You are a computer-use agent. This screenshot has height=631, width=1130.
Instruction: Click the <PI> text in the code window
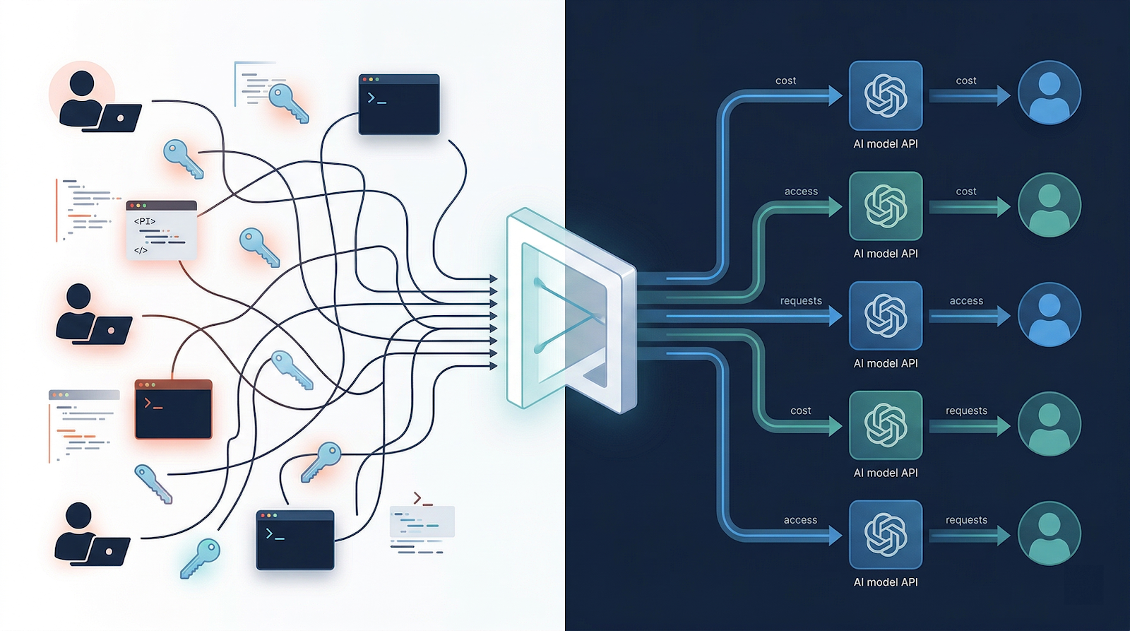145,221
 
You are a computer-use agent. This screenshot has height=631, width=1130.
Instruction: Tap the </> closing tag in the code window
141,250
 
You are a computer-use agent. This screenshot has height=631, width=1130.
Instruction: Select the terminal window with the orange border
173,409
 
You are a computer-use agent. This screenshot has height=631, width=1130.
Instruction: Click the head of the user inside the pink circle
82,83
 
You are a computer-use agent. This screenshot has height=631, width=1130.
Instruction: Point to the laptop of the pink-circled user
119,118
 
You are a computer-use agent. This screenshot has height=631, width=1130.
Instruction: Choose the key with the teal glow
201,558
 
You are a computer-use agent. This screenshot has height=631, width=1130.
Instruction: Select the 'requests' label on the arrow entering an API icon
801,301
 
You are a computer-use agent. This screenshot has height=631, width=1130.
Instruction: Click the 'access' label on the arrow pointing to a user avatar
966,301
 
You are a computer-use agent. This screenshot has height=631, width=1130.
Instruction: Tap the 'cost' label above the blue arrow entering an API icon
785,81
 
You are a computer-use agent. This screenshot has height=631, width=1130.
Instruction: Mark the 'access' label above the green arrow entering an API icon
801,191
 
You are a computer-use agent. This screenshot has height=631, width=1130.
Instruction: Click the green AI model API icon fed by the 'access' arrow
886,206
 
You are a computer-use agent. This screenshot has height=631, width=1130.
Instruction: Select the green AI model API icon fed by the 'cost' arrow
886,425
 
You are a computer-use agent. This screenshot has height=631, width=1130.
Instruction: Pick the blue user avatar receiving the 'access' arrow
1049,314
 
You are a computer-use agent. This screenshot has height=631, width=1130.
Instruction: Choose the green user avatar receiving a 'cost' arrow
1049,205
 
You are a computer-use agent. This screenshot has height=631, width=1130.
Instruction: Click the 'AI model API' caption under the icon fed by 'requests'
886,363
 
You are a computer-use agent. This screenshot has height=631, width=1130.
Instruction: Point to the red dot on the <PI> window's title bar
132,206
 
